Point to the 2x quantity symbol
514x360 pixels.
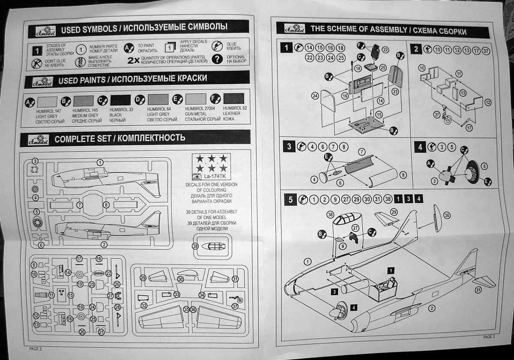coord(133,60)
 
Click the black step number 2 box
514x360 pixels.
coord(415,49)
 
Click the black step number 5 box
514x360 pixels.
coord(290,199)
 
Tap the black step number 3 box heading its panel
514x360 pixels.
coord(289,147)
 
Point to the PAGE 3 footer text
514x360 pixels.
coord(489,337)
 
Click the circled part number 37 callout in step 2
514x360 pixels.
coord(485,50)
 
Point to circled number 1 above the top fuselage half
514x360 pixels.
coord(100,162)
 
